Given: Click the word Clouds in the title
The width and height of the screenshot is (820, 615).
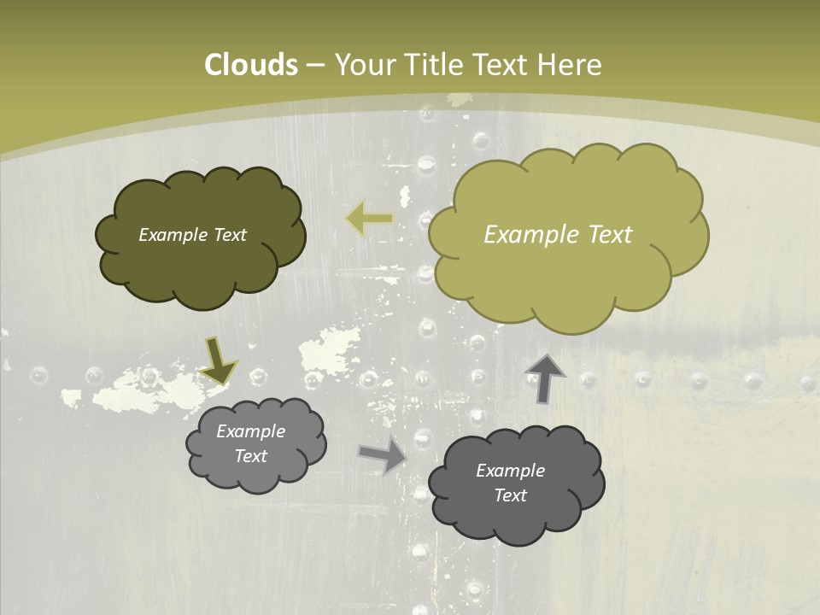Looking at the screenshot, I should [x=250, y=65].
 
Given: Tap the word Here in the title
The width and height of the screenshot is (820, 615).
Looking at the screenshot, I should [x=570, y=65].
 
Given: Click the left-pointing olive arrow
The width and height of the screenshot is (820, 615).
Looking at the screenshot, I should [x=369, y=220].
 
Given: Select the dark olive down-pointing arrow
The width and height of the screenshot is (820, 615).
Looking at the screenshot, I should [x=218, y=360].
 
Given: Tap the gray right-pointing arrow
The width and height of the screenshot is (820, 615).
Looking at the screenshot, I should [x=383, y=455].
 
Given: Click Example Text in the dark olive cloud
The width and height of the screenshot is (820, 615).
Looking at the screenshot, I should [x=192, y=235].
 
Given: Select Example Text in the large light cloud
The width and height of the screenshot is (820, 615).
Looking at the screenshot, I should [x=558, y=235].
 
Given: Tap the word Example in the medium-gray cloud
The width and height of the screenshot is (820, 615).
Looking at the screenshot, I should [x=250, y=432].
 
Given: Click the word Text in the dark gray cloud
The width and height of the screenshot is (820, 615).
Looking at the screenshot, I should [x=510, y=495].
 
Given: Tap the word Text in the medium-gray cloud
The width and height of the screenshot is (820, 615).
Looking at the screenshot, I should [x=250, y=457].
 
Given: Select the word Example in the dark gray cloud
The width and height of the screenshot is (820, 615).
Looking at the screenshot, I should [x=510, y=471].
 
